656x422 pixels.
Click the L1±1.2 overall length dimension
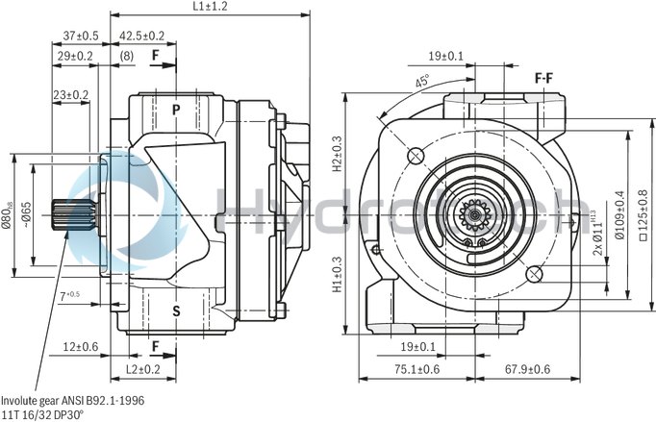tap(210, 6)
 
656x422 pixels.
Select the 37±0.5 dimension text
tap(81, 36)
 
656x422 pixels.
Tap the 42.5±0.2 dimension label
tap(141, 36)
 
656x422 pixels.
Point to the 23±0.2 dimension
tap(71, 94)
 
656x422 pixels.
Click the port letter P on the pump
tap(176, 109)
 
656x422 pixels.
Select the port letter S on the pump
tap(176, 310)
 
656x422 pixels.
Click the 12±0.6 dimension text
tap(81, 347)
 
